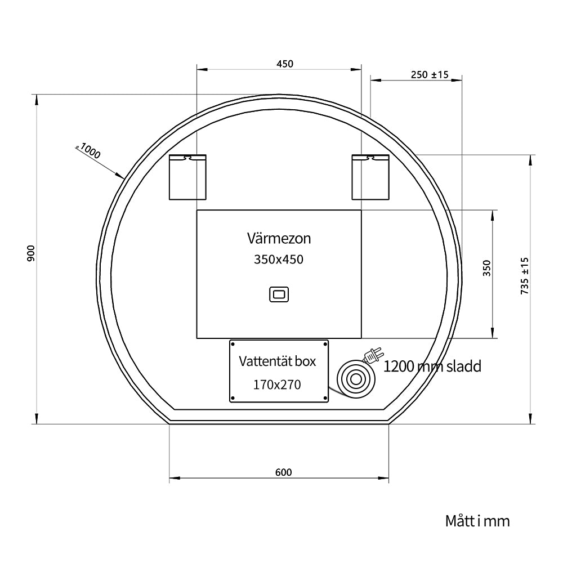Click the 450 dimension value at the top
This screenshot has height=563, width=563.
click(x=285, y=64)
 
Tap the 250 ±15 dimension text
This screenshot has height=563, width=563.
click(x=430, y=75)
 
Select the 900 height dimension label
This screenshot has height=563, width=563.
click(x=31, y=253)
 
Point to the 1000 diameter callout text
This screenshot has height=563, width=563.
click(x=90, y=151)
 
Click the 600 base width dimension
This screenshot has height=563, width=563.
click(x=284, y=472)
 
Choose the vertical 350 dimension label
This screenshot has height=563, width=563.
click(x=486, y=268)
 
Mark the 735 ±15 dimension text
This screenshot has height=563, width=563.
click(x=525, y=276)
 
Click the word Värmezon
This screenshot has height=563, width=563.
click(x=279, y=238)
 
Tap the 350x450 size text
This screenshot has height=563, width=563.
click(x=279, y=259)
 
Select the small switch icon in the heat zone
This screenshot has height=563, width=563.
click(x=279, y=294)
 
